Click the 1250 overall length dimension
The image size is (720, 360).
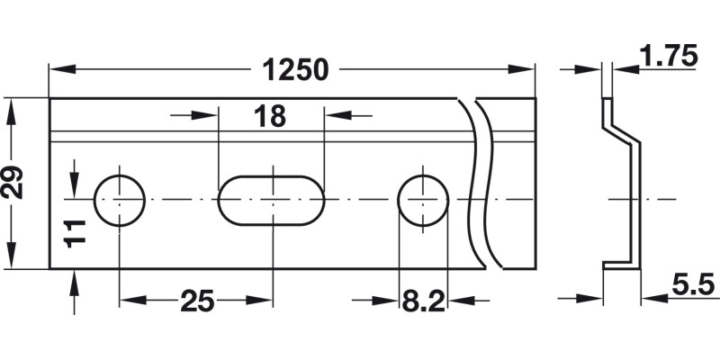coord(293,69)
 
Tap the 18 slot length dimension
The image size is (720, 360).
coord(269,116)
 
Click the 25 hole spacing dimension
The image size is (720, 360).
coord(197,301)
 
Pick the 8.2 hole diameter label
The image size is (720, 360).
coord(422,301)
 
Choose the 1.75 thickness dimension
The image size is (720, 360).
coord(668,57)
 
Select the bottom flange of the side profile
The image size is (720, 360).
coord(620,265)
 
